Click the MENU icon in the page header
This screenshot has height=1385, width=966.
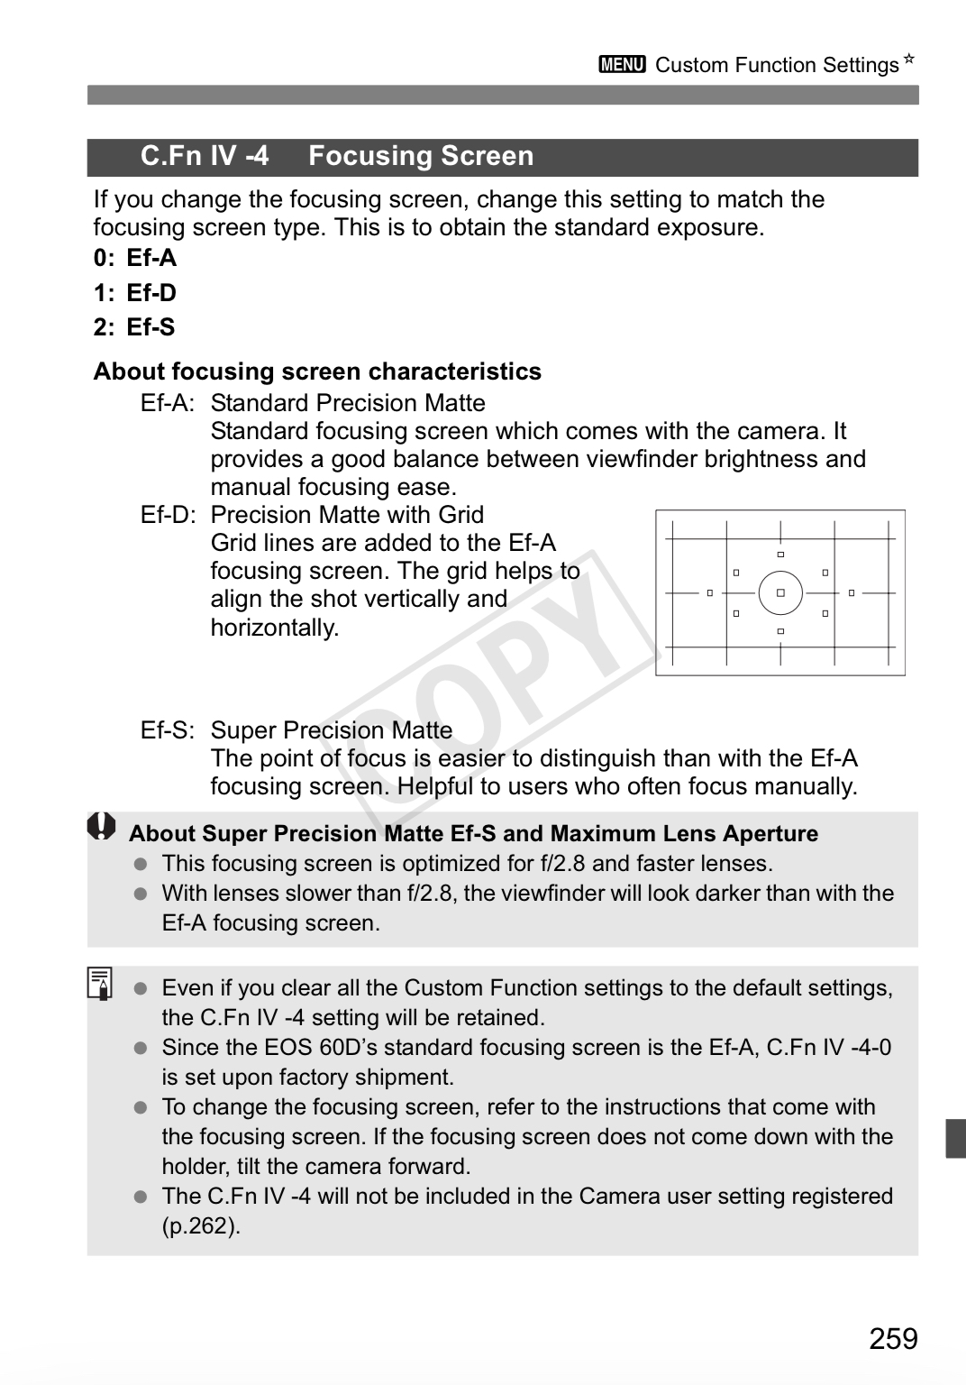pos(622,65)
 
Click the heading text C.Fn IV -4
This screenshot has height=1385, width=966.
pos(205,156)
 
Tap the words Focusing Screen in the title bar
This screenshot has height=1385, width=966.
pos(421,156)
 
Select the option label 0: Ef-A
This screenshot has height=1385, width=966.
pos(135,258)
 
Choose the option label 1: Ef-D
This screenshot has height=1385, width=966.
pos(135,293)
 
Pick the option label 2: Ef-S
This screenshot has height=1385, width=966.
pos(134,327)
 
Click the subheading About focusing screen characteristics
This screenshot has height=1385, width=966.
pos(317,371)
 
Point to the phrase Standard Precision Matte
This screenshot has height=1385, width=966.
pos(348,403)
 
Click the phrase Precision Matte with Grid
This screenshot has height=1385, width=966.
pos(347,515)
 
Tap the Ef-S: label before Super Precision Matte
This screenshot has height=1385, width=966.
pos(168,730)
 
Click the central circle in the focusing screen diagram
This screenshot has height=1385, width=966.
pos(780,593)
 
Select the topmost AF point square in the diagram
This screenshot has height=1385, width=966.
pos(780,555)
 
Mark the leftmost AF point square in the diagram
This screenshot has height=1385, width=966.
pos(710,593)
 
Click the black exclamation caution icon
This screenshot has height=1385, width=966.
pos(102,827)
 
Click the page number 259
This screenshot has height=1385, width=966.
pos(893,1339)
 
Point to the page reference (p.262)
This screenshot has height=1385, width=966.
pos(201,1226)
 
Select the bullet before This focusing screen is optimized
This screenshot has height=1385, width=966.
pos(140,864)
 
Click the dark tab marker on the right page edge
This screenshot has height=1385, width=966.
pos(955,1138)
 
